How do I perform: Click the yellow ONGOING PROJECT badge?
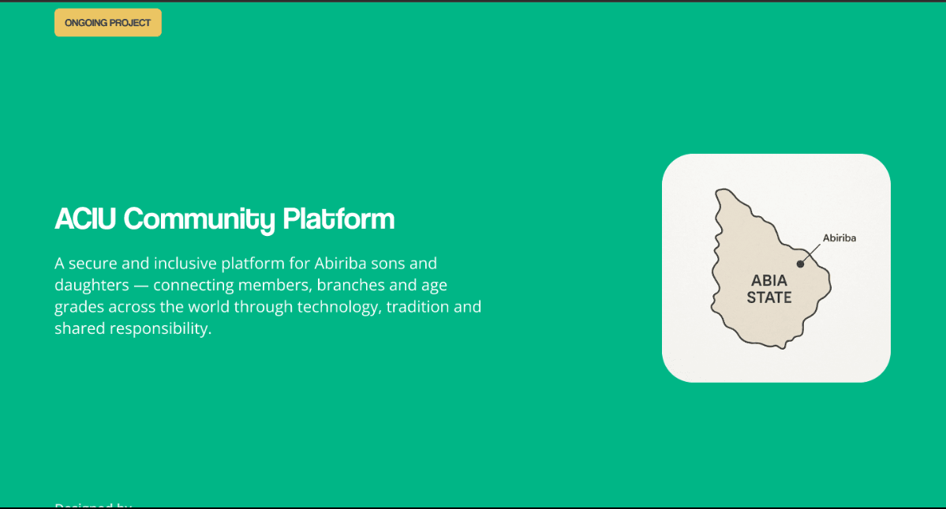pyautogui.click(x=107, y=23)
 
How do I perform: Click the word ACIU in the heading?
pyautogui.click(x=85, y=219)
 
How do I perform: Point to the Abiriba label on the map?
pyautogui.click(x=839, y=238)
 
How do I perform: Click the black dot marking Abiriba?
pyautogui.click(x=800, y=264)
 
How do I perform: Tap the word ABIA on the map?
pyautogui.click(x=769, y=281)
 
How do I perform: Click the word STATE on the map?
pyautogui.click(x=769, y=298)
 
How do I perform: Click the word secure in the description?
pyautogui.click(x=93, y=263)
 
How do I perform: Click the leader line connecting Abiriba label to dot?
pyautogui.click(x=812, y=253)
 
